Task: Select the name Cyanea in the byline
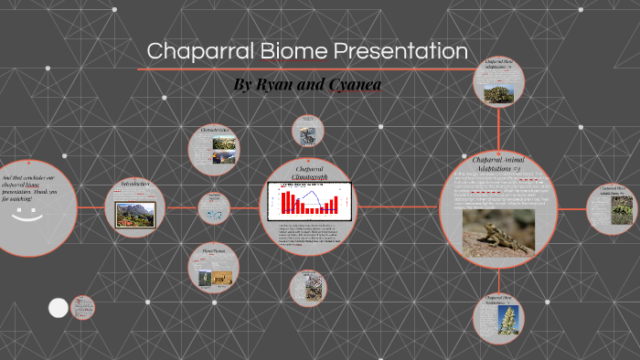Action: click(350, 85)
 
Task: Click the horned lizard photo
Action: click(498, 232)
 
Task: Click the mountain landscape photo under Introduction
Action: click(134, 216)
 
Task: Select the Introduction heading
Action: click(134, 185)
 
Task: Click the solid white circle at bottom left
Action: click(58, 308)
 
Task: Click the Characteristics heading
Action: click(213, 130)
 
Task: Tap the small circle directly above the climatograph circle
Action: click(307, 132)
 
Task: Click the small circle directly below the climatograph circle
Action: click(307, 287)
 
